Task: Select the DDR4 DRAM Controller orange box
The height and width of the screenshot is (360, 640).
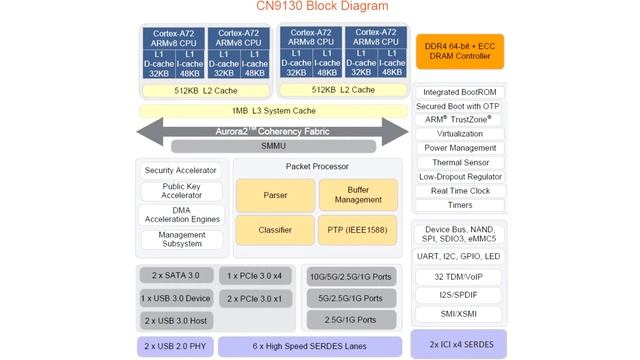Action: tap(459, 51)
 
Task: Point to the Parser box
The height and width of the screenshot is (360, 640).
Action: tap(275, 195)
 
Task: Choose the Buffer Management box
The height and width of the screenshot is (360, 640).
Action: tap(358, 195)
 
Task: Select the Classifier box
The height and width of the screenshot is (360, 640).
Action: tap(275, 230)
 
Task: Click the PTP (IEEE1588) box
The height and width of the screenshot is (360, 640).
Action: tap(358, 230)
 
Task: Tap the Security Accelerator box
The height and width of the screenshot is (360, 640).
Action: tap(181, 170)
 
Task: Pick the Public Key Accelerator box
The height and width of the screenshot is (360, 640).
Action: tap(181, 191)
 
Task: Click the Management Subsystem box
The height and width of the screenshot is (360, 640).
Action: tap(181, 240)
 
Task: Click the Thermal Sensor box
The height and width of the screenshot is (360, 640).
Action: tap(459, 162)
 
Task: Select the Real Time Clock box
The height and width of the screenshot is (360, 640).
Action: tap(459, 190)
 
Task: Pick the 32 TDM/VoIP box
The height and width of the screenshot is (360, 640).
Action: tap(459, 276)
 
